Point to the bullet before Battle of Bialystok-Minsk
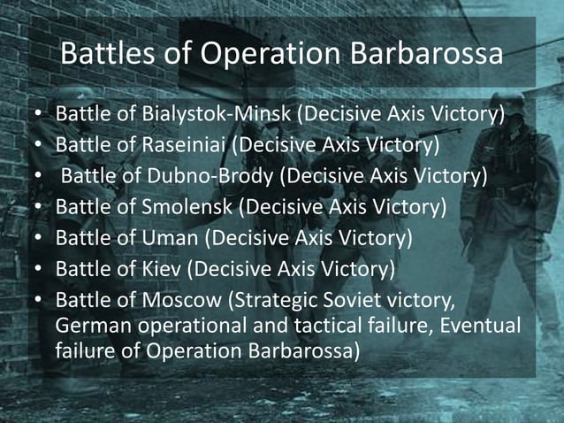point(39,116)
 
